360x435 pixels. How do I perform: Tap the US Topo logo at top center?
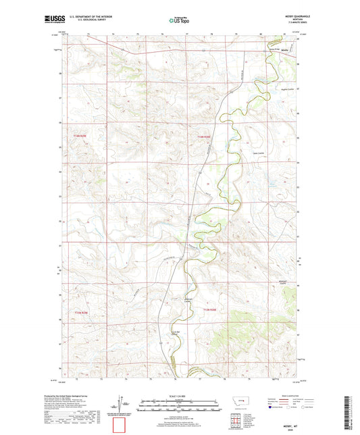(179, 21)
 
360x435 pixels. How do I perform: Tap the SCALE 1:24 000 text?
(179, 396)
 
